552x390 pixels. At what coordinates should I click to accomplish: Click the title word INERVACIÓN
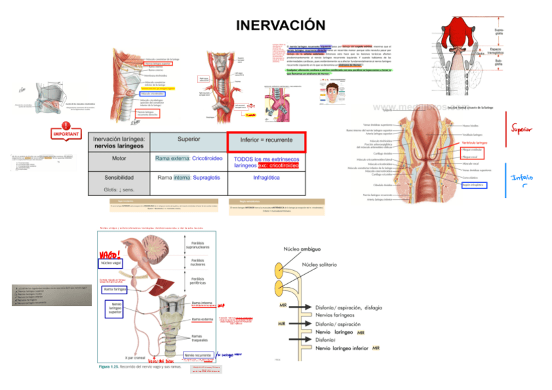pos(280,25)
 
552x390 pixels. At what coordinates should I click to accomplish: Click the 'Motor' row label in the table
pos(119,158)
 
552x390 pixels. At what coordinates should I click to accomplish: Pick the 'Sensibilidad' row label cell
pos(119,177)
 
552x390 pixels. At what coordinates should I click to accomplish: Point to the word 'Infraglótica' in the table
pos(266,177)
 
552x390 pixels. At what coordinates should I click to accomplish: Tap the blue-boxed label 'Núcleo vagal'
pos(111,263)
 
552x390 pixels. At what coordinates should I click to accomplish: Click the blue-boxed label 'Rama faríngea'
pos(115,289)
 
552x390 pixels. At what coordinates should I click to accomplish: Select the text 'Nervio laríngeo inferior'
pos(343,349)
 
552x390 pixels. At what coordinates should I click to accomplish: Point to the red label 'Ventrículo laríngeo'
pos(475,142)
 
